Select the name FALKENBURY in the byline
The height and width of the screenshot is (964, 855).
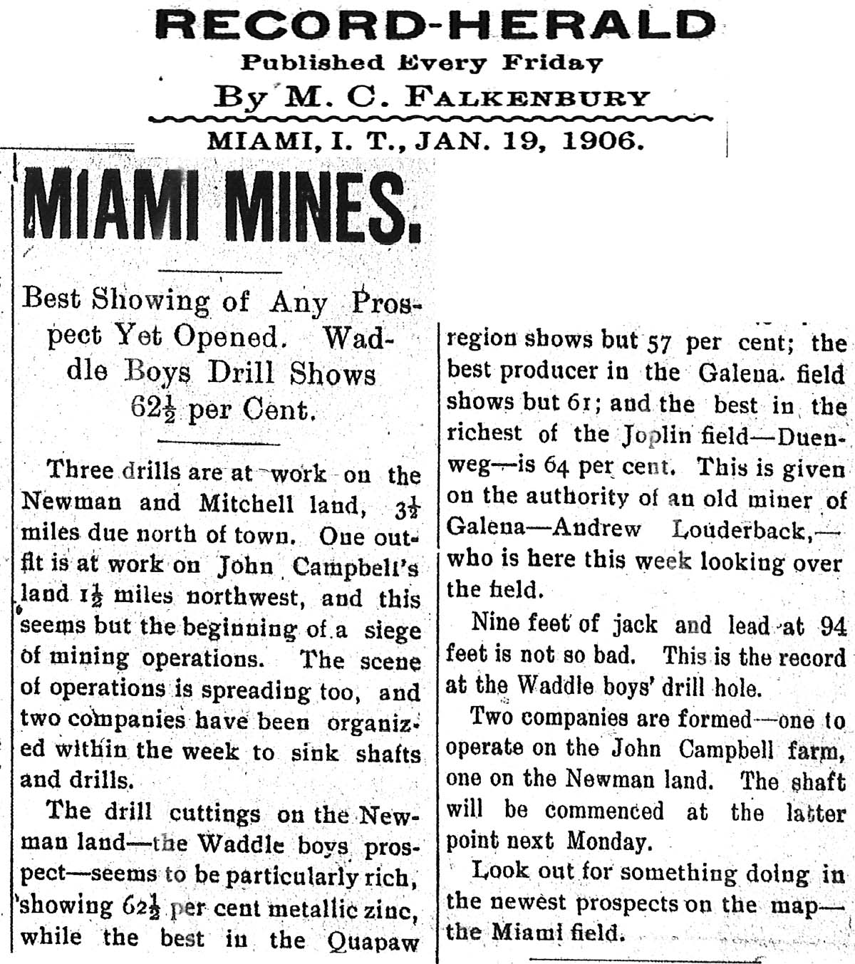coord(528,98)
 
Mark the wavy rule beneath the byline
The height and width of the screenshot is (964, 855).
coord(430,118)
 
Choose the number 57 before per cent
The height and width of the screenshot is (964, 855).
coord(660,343)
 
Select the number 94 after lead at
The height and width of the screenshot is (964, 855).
coord(832,626)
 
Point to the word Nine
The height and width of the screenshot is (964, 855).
coord(495,624)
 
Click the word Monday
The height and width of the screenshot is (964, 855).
coord(608,841)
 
